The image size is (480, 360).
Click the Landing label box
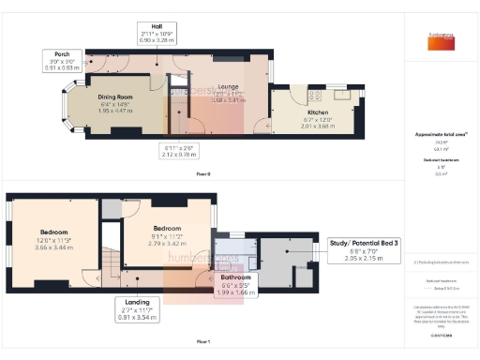tap(133, 302)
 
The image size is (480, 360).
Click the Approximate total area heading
tap(441, 134)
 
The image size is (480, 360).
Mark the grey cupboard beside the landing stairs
tap(112, 209)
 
